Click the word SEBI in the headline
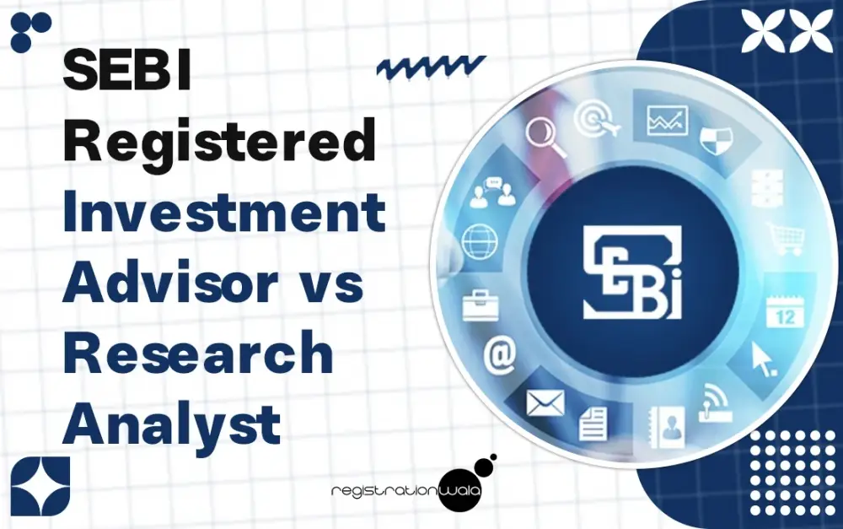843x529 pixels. (x=127, y=70)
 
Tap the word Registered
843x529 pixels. (x=219, y=140)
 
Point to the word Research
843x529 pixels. (x=198, y=352)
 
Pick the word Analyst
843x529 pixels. (x=172, y=424)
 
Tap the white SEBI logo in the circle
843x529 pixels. (x=633, y=272)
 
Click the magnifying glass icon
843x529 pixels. (x=545, y=136)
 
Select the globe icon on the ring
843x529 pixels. (x=480, y=241)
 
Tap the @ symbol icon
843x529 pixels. (x=499, y=355)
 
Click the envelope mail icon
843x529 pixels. (x=545, y=403)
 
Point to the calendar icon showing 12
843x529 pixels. (x=784, y=311)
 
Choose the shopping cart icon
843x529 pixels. (x=786, y=239)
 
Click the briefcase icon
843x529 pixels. (x=481, y=305)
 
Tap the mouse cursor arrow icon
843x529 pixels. (x=764, y=359)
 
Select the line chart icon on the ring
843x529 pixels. (x=667, y=121)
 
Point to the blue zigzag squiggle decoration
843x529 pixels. (x=431, y=67)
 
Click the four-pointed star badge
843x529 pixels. (x=40, y=487)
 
